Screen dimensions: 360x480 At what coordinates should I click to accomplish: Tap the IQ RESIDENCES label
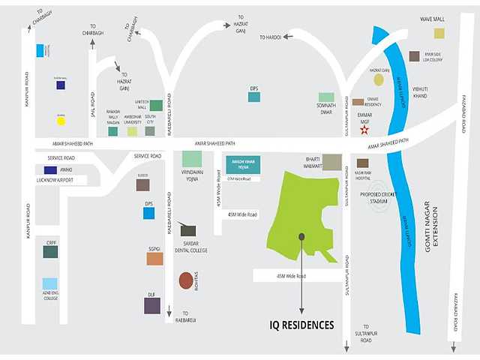[301, 325]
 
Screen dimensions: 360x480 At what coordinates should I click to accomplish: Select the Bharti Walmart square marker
[332, 162]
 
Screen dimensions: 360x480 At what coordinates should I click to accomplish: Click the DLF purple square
[152, 305]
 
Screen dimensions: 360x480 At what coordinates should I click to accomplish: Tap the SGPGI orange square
[154, 259]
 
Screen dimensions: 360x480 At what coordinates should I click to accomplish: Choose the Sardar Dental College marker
[188, 230]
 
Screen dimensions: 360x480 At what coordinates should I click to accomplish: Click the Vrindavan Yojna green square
[192, 159]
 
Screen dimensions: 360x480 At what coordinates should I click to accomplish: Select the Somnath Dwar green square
[326, 97]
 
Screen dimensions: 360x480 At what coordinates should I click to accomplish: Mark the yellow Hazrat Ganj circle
[379, 79]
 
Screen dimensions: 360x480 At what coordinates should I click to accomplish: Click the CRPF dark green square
[50, 252]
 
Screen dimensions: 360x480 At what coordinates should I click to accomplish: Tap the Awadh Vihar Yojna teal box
[243, 165]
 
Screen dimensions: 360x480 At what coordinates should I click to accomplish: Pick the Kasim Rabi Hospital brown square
[363, 163]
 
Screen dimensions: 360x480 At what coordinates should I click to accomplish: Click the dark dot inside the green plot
[301, 236]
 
